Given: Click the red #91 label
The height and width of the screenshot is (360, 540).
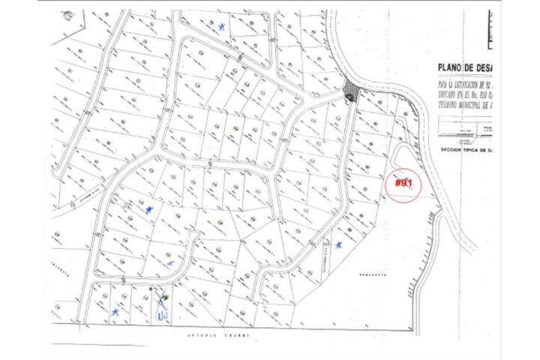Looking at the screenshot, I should click(x=404, y=183).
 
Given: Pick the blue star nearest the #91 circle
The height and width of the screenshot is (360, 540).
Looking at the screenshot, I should click(x=339, y=245).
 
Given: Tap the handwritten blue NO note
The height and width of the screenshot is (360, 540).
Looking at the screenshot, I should click(x=161, y=316).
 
